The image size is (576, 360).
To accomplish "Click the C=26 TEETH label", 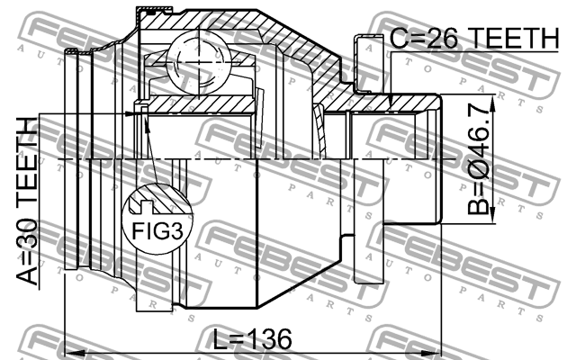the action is [x=474, y=39].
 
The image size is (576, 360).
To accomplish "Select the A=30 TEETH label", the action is [x=27, y=201].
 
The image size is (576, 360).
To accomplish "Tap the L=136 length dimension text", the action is [x=253, y=338].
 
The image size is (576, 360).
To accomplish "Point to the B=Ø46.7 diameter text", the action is [x=479, y=158].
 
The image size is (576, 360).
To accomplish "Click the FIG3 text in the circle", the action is [x=157, y=231].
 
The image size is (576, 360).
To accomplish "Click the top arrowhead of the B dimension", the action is [x=492, y=102].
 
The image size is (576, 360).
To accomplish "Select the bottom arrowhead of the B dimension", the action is [x=492, y=216].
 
